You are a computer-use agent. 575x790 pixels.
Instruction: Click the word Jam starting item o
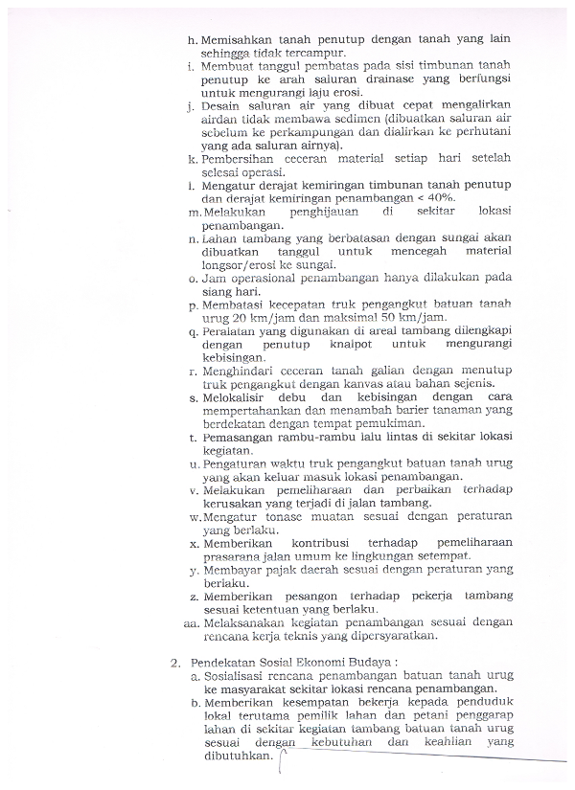click(x=216, y=278)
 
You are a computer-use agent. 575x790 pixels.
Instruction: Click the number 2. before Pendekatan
click(x=176, y=662)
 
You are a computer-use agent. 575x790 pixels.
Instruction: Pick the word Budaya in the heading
click(x=371, y=662)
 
